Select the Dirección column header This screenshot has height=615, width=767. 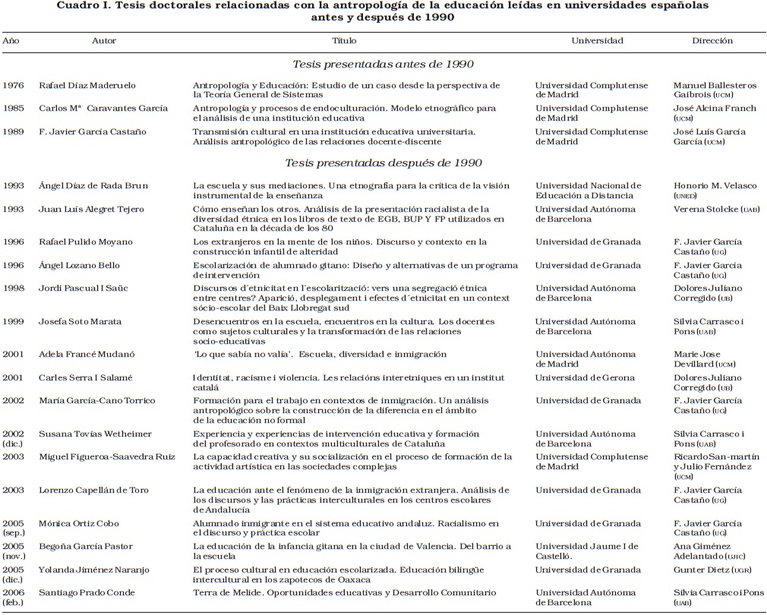click(712, 40)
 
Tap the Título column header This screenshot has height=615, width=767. click(345, 40)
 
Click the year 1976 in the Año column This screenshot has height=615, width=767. click(13, 85)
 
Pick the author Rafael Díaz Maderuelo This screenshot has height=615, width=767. click(87, 85)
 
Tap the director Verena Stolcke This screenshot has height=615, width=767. click(702, 209)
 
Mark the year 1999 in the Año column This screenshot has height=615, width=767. click(13, 321)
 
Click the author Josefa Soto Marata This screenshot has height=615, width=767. click(80, 321)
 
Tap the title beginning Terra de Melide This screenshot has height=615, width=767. click(344, 592)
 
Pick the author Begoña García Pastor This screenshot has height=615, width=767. click(86, 546)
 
